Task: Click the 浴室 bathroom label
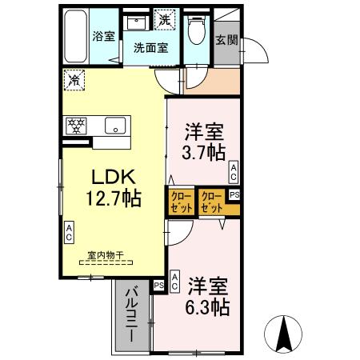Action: pyautogui.click(x=103, y=36)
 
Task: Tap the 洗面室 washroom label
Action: pyautogui.click(x=150, y=46)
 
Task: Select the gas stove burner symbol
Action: pyautogui.click(x=76, y=125)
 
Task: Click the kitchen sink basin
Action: pyautogui.click(x=115, y=126)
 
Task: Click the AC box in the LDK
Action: pyautogui.click(x=69, y=233)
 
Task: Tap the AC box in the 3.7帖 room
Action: pyautogui.click(x=233, y=170)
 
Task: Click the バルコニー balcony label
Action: pyautogui.click(x=131, y=315)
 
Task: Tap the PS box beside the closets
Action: pyautogui.click(x=234, y=194)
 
